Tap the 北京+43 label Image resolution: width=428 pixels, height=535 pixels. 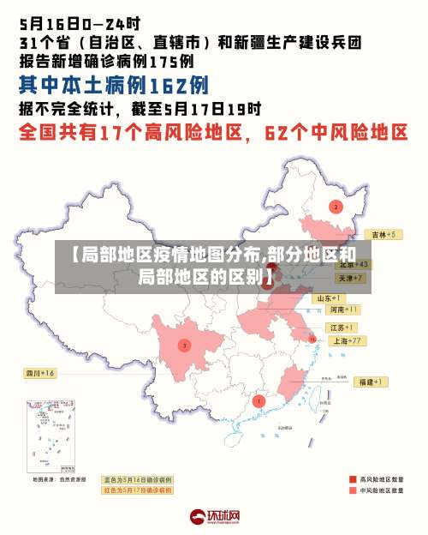click(353, 264)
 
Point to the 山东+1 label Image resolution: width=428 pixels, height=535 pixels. click(330, 298)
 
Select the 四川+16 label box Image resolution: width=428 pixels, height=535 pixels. click(39, 373)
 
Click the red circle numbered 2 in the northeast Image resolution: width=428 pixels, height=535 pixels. click(336, 207)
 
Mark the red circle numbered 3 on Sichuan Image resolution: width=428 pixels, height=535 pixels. click(183, 346)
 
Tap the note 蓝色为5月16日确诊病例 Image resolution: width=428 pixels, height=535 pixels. click(138, 479)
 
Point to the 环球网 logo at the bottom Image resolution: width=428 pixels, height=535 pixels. click(214, 516)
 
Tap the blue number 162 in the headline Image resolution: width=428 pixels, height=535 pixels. click(167, 84)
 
